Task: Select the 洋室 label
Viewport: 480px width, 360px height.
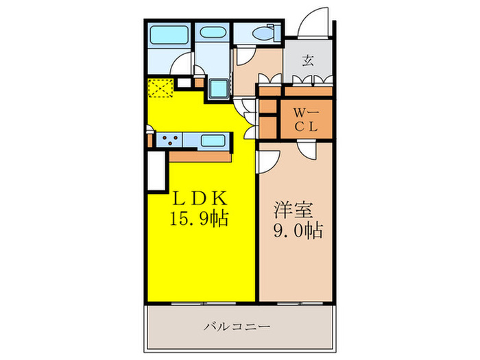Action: coord(290,207)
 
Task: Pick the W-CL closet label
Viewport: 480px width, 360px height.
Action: coord(303,119)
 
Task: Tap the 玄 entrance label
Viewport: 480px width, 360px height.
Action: coord(308,60)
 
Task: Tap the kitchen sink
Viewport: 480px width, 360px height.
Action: coord(215,141)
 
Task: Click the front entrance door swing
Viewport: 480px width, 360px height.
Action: coord(314,22)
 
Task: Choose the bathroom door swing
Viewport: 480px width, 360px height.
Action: coord(183,66)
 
